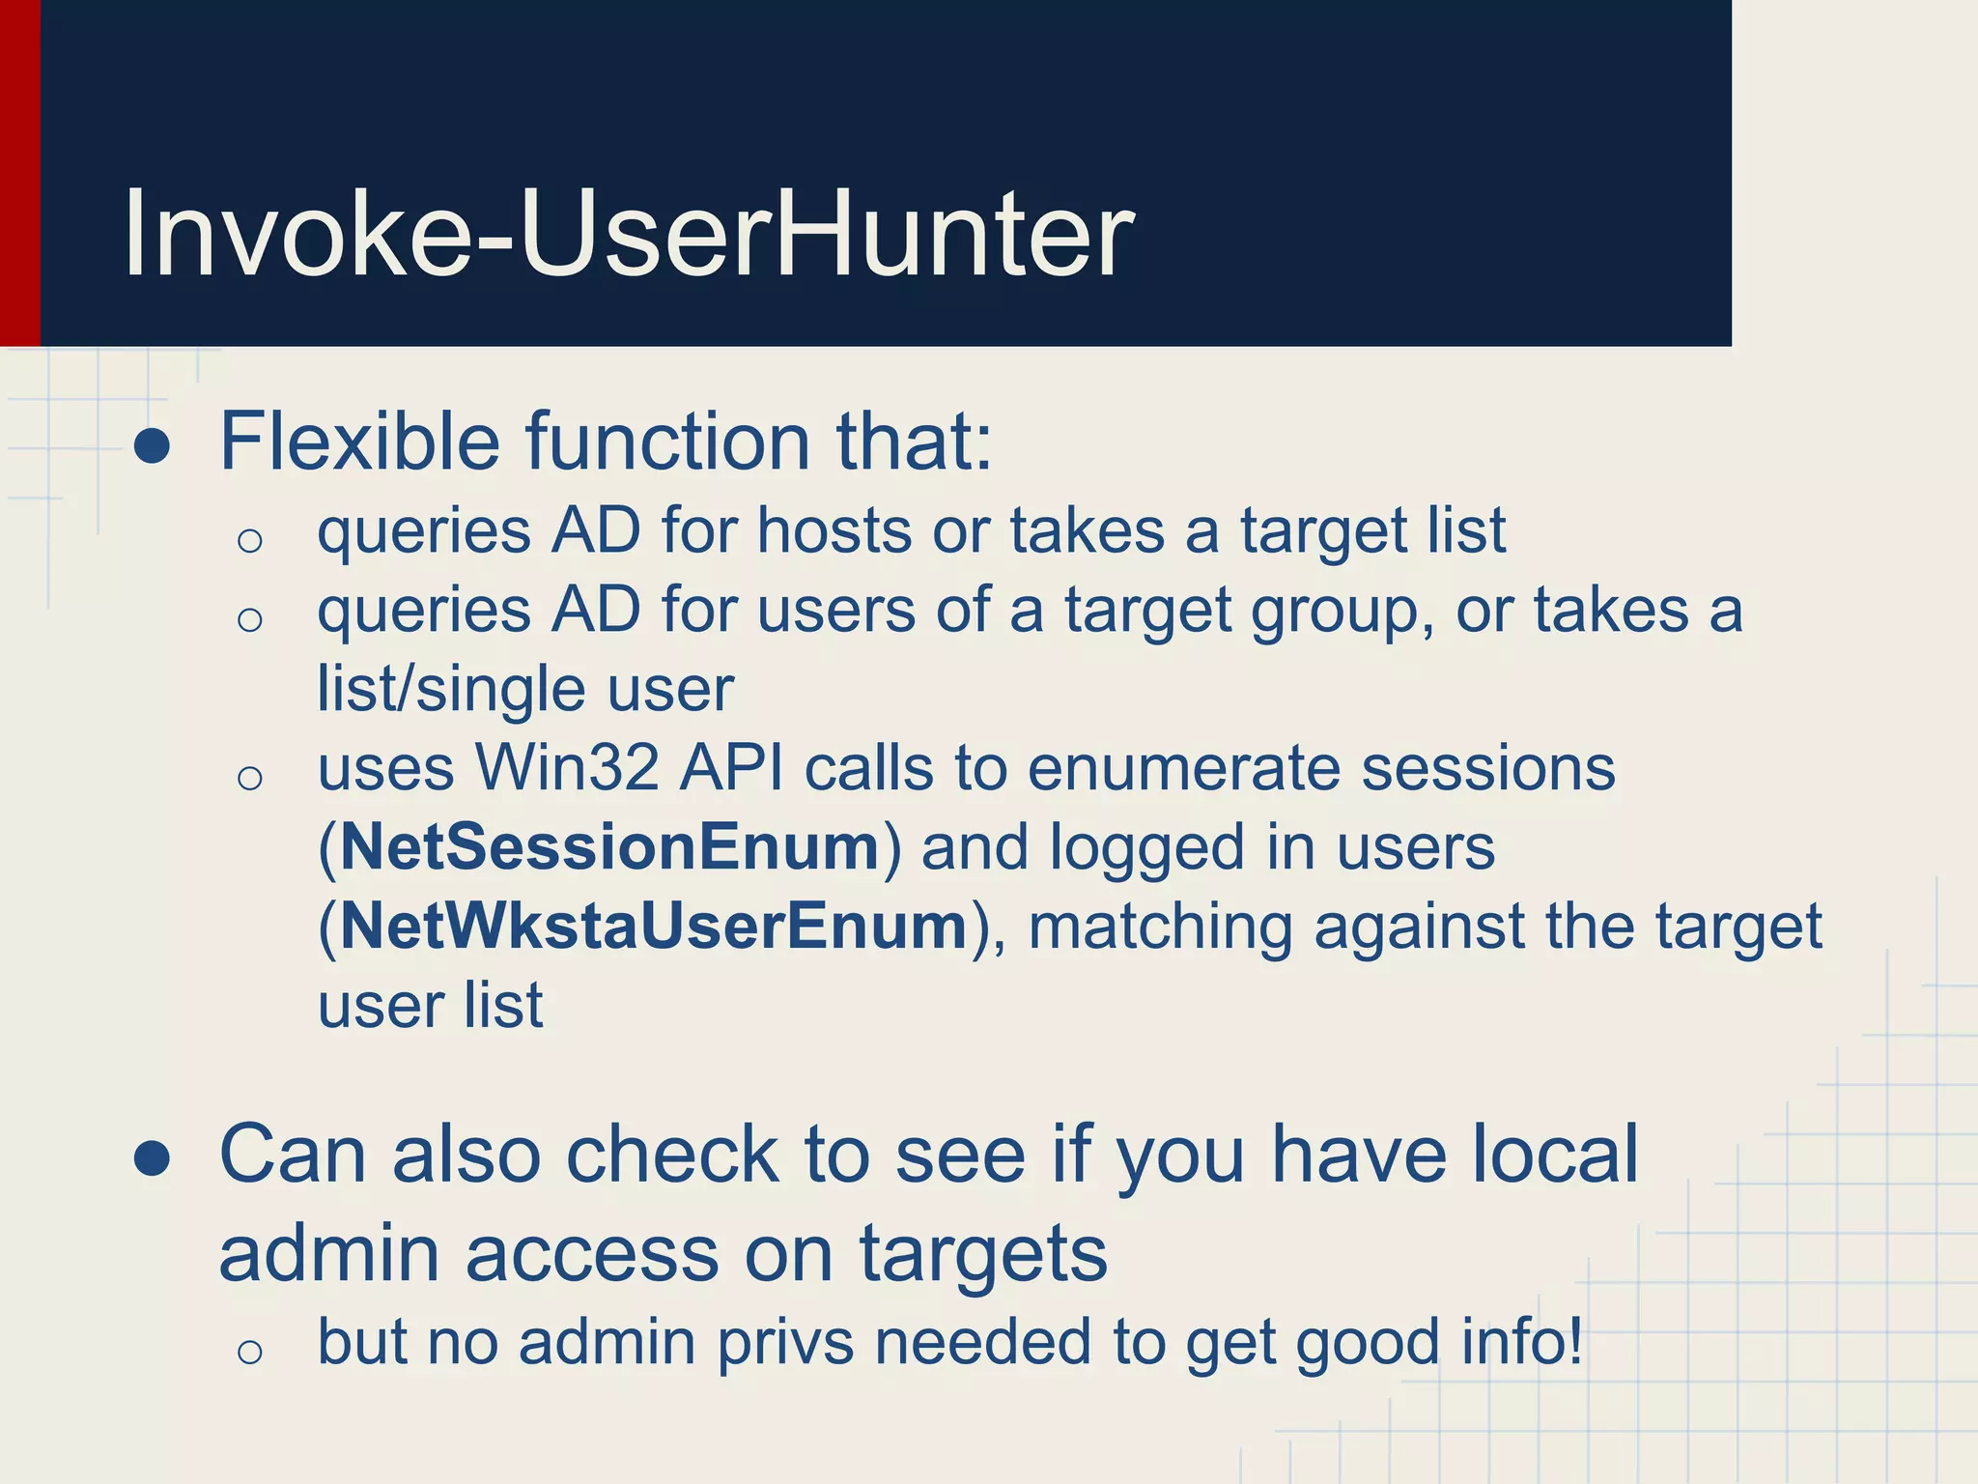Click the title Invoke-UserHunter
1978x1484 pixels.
click(628, 234)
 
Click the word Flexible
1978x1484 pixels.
click(359, 442)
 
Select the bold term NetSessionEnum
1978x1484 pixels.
click(609, 847)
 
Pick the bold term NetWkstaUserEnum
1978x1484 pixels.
click(654, 927)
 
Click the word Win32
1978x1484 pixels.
click(567, 768)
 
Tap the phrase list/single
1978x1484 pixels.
click(450, 689)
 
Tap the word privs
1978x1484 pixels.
click(785, 1342)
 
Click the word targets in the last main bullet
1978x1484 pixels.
click(983, 1254)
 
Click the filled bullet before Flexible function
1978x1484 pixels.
click(153, 446)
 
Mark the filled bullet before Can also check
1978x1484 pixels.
click(153, 1158)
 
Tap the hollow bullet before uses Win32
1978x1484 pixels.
click(250, 777)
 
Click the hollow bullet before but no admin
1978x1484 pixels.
click(250, 1351)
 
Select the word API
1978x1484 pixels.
click(731, 768)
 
